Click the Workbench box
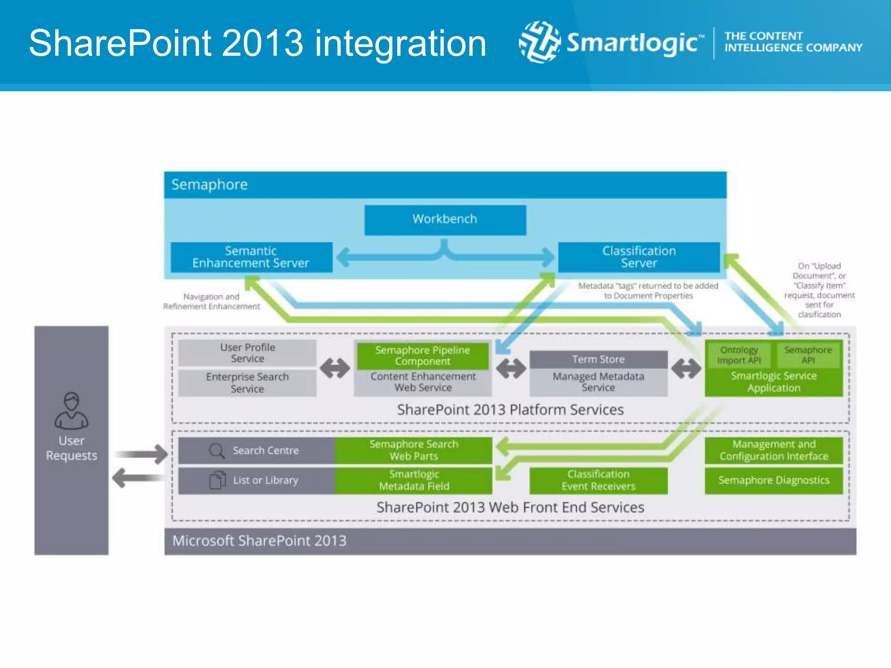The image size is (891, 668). (445, 220)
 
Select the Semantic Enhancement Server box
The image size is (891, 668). (251, 257)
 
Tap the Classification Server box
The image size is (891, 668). (639, 257)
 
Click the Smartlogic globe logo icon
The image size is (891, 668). (539, 42)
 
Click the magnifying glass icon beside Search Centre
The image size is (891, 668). (216, 451)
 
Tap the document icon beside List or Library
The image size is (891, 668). (217, 480)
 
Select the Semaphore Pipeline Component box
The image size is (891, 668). (422, 355)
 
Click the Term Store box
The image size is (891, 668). (598, 359)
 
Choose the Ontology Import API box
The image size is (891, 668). (739, 355)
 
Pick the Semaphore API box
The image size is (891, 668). (808, 355)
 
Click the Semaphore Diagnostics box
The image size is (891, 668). (774, 480)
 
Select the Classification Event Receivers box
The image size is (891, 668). (598, 480)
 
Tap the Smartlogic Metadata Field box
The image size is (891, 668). (414, 480)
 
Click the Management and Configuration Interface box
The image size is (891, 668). (774, 450)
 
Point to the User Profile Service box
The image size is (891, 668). (247, 353)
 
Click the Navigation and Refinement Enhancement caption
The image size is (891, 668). (211, 301)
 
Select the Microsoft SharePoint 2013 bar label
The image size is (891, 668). (259, 541)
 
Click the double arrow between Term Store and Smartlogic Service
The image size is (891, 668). (686, 369)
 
